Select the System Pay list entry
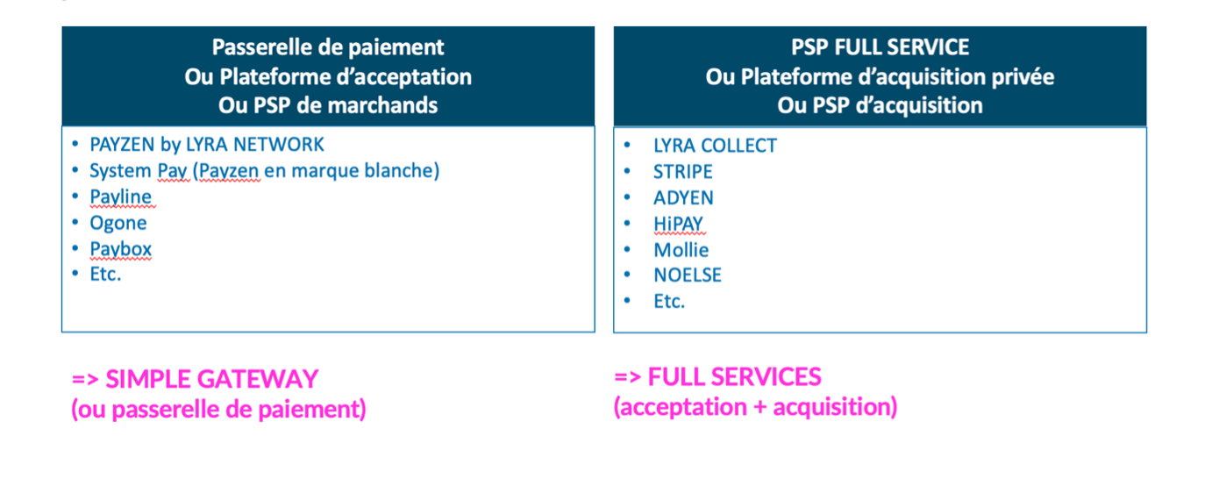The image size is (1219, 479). (264, 170)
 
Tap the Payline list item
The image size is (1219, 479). (121, 197)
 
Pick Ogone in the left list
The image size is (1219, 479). (118, 223)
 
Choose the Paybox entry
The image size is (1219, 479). (121, 249)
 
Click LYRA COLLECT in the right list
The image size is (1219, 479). (715, 146)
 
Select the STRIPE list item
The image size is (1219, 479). (683, 172)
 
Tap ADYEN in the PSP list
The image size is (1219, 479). (684, 197)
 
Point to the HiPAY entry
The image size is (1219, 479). (679, 224)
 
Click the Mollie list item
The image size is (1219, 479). (681, 250)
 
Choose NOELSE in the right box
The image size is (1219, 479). (688, 275)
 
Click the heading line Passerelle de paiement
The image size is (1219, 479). (328, 47)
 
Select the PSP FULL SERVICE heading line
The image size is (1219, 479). (880, 47)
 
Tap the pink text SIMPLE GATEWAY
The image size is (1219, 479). (211, 380)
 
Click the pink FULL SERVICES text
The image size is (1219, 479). (734, 377)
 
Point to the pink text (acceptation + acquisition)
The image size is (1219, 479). (755, 407)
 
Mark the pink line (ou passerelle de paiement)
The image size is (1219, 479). (218, 410)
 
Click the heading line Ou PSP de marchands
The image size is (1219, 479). (328, 105)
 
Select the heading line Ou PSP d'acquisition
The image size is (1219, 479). (880, 105)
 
